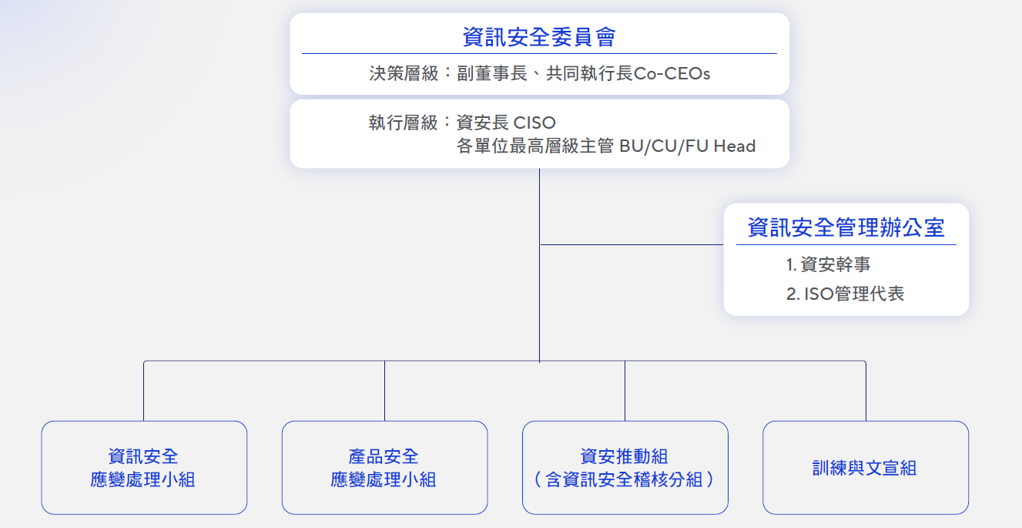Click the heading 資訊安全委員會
click(x=539, y=37)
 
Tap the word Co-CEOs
click(x=672, y=73)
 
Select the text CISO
click(x=534, y=123)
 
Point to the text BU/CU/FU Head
click(x=688, y=146)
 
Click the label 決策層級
click(x=404, y=73)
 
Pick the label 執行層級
click(x=404, y=123)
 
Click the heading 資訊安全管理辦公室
click(x=846, y=227)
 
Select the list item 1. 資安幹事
click(x=829, y=264)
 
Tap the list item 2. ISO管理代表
click(x=845, y=294)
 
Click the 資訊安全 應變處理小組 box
click(x=144, y=468)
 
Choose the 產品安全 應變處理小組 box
click(x=384, y=468)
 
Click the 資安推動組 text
click(x=624, y=456)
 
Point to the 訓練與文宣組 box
click(x=866, y=468)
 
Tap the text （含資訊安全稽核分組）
click(x=624, y=479)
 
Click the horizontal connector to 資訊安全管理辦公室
click(x=632, y=245)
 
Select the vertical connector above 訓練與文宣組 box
click(x=866, y=391)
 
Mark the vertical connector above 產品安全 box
click(x=384, y=391)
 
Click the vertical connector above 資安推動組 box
click(x=625, y=391)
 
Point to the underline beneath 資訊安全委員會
click(x=539, y=54)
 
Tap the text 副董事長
click(x=492, y=73)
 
